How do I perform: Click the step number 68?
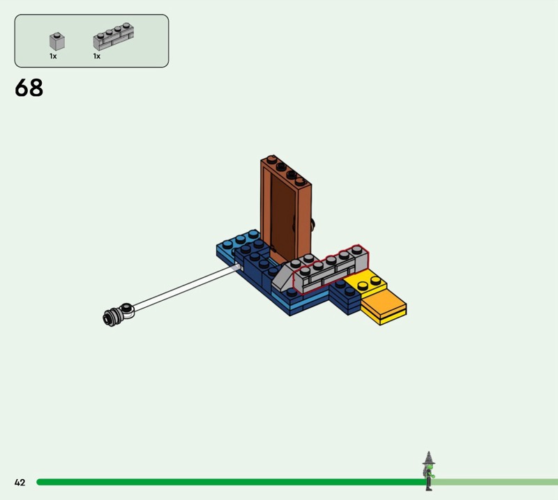pyautogui.click(x=29, y=88)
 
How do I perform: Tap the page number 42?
pyautogui.click(x=20, y=482)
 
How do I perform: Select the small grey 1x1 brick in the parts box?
pyautogui.click(x=57, y=42)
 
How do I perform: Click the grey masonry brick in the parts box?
pyautogui.click(x=114, y=37)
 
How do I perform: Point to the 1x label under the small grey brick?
pyautogui.click(x=53, y=56)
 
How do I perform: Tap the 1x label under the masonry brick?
pyautogui.click(x=97, y=56)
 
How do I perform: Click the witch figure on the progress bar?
pyautogui.click(x=429, y=471)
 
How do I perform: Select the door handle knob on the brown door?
pyautogui.click(x=312, y=224)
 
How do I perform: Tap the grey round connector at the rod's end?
pyautogui.click(x=118, y=315)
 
